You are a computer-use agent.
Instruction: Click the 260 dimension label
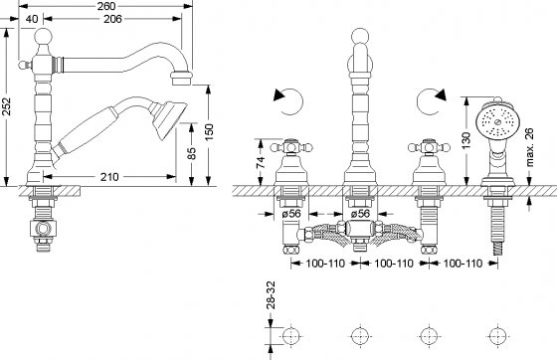pos(106,6)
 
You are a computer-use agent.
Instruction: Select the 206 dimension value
pos(112,19)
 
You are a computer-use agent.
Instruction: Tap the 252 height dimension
pos(7,106)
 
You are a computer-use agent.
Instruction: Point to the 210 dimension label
pos(109,176)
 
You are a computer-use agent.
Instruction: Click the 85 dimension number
pos(191,153)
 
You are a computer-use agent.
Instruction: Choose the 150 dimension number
pos(209,131)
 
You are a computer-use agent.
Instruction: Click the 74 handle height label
pos(261,162)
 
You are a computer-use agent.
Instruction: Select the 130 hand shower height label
pos(466,140)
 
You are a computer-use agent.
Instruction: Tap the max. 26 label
pos(529,147)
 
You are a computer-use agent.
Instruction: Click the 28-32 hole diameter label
pos(271,295)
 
